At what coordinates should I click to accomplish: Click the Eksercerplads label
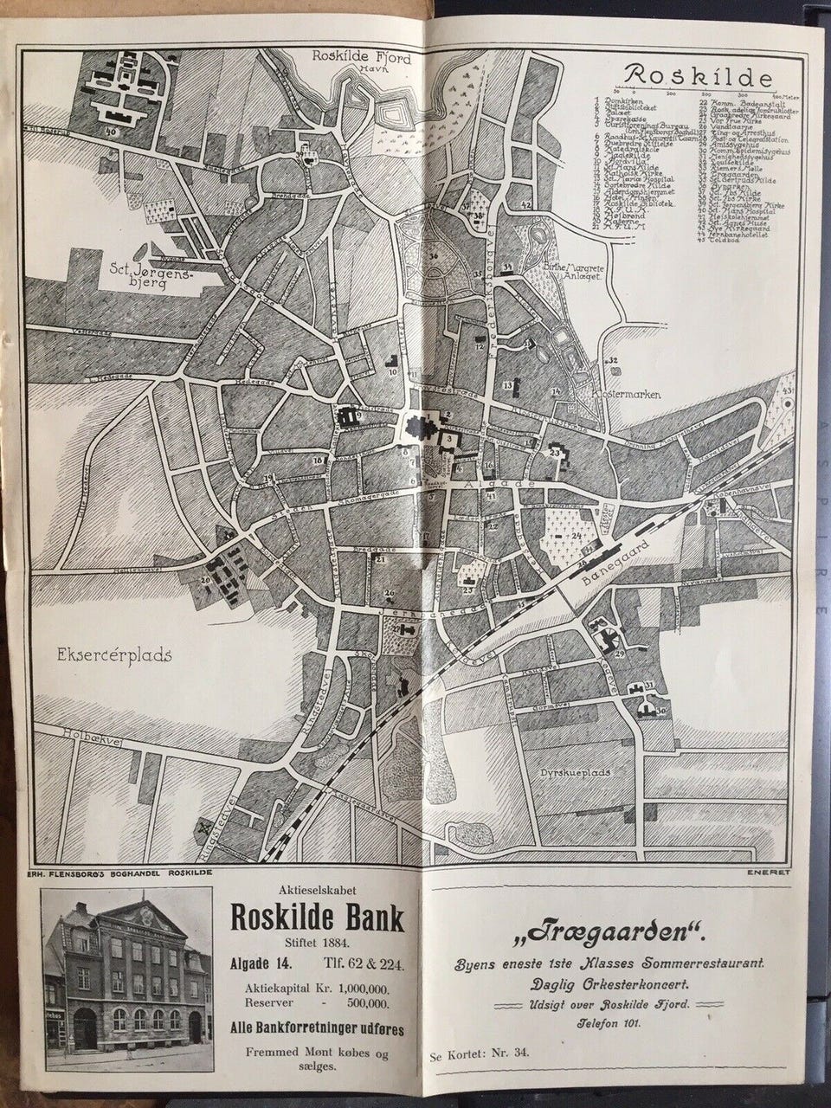tap(117, 654)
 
